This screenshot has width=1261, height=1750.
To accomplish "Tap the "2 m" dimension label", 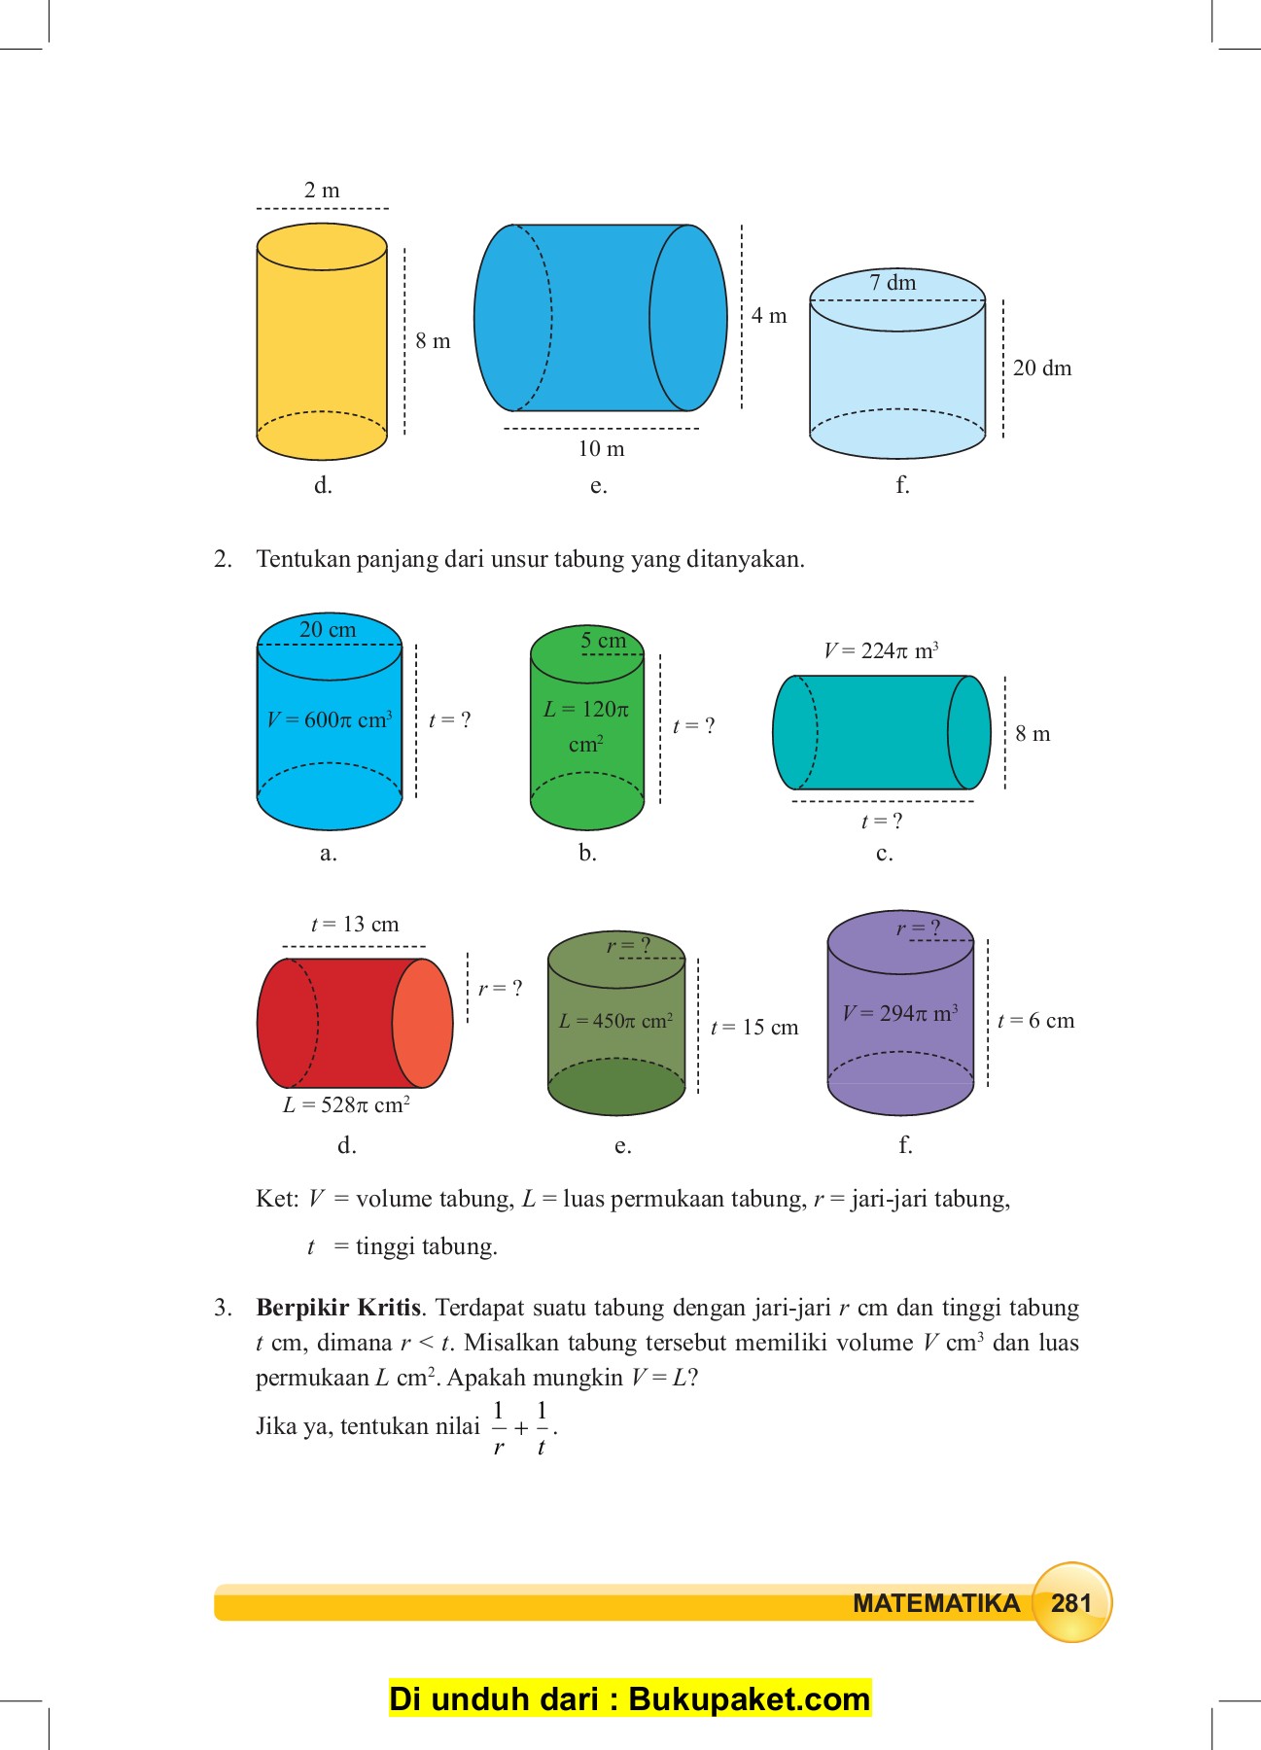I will tap(322, 191).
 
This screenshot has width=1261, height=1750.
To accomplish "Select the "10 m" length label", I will tap(601, 449).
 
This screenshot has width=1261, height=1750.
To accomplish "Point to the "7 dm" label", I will tap(893, 283).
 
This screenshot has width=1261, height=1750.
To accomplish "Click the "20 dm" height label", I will tap(1042, 368).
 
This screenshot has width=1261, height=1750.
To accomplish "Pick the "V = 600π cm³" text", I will tap(330, 720).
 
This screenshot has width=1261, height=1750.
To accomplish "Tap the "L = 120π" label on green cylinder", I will tap(586, 711).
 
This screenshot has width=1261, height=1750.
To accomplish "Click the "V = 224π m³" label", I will tap(881, 650).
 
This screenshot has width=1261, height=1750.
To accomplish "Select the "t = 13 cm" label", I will tap(355, 925).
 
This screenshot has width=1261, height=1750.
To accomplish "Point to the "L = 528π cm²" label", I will tap(346, 1105).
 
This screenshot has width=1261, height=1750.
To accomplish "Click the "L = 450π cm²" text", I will tap(615, 1022).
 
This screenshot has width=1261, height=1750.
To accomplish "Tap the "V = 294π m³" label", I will tap(900, 1014).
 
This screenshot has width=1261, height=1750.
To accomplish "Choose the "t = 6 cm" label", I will tap(1036, 1021).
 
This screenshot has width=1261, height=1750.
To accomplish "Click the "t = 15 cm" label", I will tap(754, 1028).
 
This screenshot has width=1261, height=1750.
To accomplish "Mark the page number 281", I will tap(1070, 1603).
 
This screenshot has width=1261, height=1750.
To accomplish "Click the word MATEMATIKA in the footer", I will tap(935, 1603).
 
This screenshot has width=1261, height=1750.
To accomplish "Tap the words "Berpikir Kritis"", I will tap(338, 1308).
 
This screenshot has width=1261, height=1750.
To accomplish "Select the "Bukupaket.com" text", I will tap(749, 1699).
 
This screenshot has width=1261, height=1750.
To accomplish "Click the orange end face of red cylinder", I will tap(423, 1023).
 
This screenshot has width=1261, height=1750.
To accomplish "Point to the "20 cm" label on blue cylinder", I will tap(328, 630).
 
